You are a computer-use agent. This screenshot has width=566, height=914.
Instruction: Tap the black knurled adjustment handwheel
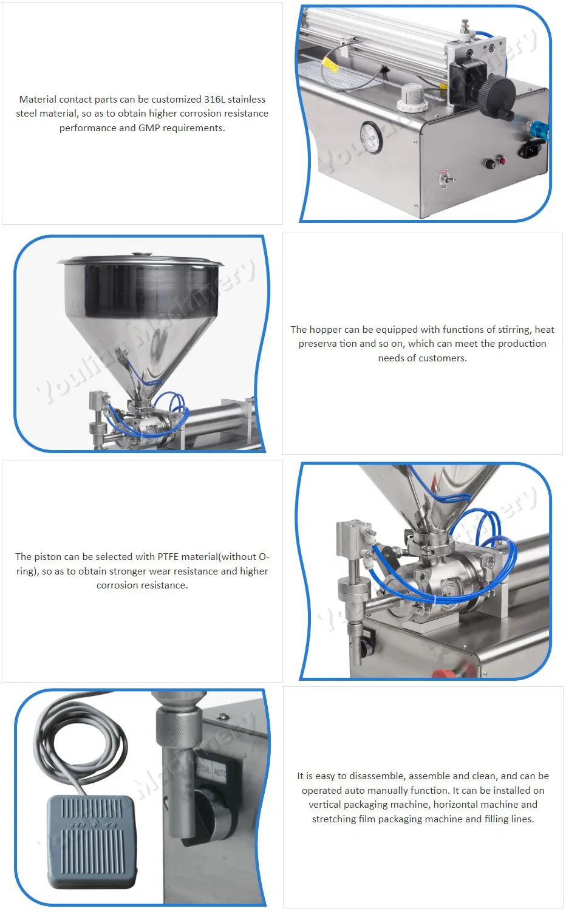496,95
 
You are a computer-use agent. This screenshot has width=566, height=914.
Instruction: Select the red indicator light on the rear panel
502,160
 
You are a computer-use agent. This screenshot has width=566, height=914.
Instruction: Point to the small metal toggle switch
445,177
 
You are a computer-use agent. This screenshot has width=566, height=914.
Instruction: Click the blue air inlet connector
537,129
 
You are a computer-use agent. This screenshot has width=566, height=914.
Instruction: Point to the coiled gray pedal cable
91,741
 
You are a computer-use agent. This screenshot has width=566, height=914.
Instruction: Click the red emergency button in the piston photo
443,672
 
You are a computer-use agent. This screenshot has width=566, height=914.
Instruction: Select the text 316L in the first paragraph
214,99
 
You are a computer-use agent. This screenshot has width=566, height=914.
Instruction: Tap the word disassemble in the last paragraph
377,776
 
